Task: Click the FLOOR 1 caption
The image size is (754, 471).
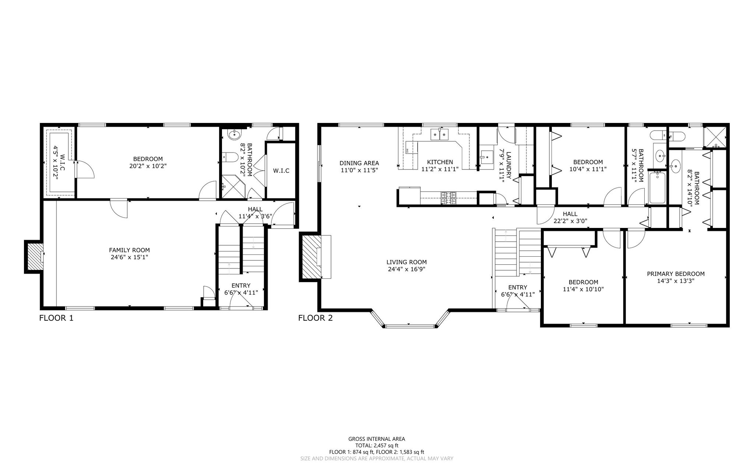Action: point(56,318)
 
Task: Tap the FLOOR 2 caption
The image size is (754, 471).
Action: point(316,318)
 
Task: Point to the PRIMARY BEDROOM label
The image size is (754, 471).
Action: point(676,274)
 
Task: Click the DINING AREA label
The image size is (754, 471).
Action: point(359,163)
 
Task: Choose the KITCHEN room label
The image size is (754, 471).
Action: point(440,162)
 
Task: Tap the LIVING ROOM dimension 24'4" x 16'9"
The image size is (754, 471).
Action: point(406,269)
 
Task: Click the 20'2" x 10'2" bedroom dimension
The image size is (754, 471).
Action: point(148,166)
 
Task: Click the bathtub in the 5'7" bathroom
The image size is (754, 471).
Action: point(657,188)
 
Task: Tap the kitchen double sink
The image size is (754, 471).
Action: point(440,135)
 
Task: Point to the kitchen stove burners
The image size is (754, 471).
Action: point(448,198)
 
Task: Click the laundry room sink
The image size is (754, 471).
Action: point(487,157)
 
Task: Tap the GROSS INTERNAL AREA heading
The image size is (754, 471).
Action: point(377,439)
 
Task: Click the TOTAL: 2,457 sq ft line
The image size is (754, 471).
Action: point(377,445)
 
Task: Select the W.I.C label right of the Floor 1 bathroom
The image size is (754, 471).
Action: point(281,171)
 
